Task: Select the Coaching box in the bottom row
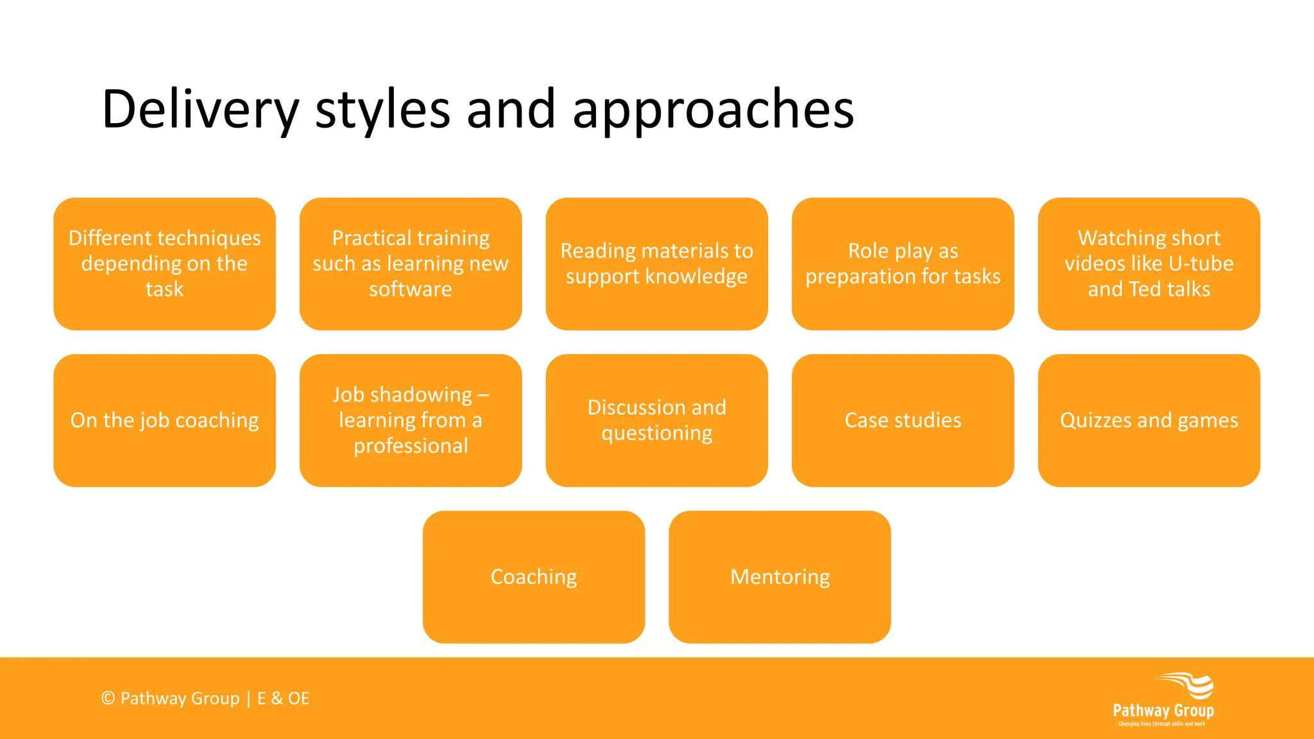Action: pyautogui.click(x=534, y=577)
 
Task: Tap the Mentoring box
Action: pyautogui.click(x=780, y=577)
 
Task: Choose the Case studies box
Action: pyautogui.click(x=903, y=420)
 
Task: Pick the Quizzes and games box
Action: pyautogui.click(x=1148, y=420)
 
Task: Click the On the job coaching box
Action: pyautogui.click(x=164, y=420)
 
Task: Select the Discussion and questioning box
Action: pyautogui.click(x=656, y=420)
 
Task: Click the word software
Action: pyautogui.click(x=411, y=289)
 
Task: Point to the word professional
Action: pyautogui.click(x=411, y=446)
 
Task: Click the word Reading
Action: pyautogui.click(x=597, y=251)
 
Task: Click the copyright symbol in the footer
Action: pyautogui.click(x=108, y=698)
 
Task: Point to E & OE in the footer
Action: pyautogui.click(x=283, y=698)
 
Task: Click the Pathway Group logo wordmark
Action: pyautogui.click(x=1163, y=711)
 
